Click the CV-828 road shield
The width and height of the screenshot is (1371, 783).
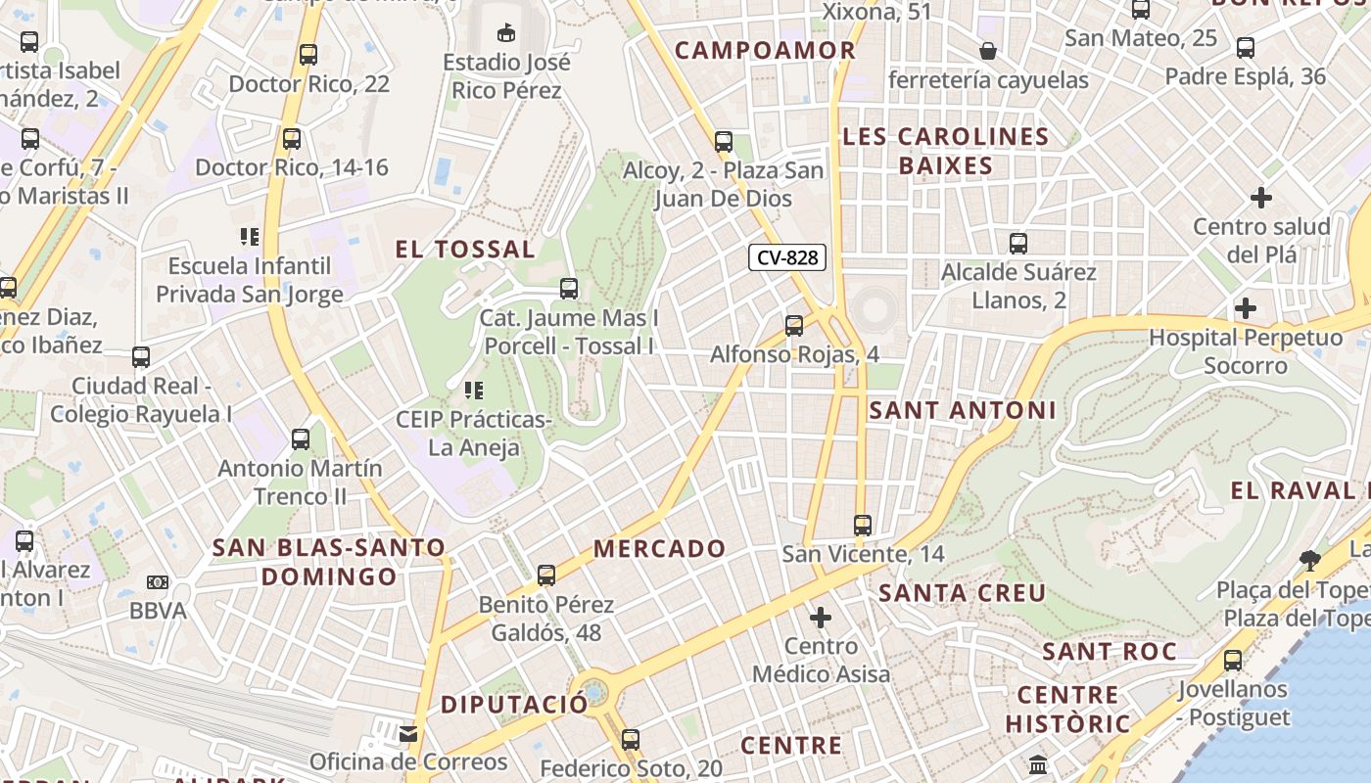point(787,257)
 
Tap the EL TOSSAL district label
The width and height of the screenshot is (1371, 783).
point(465,250)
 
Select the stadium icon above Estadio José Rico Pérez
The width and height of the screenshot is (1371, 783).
point(506,33)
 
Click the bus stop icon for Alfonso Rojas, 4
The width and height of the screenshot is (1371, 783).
point(794,325)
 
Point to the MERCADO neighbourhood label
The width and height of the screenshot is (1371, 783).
point(660,549)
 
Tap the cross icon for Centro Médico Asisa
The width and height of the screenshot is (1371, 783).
point(821,618)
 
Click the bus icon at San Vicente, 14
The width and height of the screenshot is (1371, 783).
point(863,526)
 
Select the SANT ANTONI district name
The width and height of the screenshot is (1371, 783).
point(963,411)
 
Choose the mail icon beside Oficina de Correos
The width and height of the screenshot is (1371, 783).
point(408,733)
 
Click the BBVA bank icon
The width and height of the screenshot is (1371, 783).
point(158,582)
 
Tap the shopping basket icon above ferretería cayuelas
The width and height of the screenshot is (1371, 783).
point(988,51)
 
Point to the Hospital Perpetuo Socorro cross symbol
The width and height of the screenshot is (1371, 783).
point(1246,309)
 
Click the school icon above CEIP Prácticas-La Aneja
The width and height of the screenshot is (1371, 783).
point(474,391)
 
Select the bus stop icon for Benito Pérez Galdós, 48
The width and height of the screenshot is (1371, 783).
point(546,576)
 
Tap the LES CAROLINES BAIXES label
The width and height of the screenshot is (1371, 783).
point(946,151)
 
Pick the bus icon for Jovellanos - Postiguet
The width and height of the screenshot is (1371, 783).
point(1233,661)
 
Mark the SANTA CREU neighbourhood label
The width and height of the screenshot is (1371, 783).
point(963,593)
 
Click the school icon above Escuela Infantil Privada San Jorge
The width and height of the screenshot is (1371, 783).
point(250,237)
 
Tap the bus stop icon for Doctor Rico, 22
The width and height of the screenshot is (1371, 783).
point(308,55)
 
